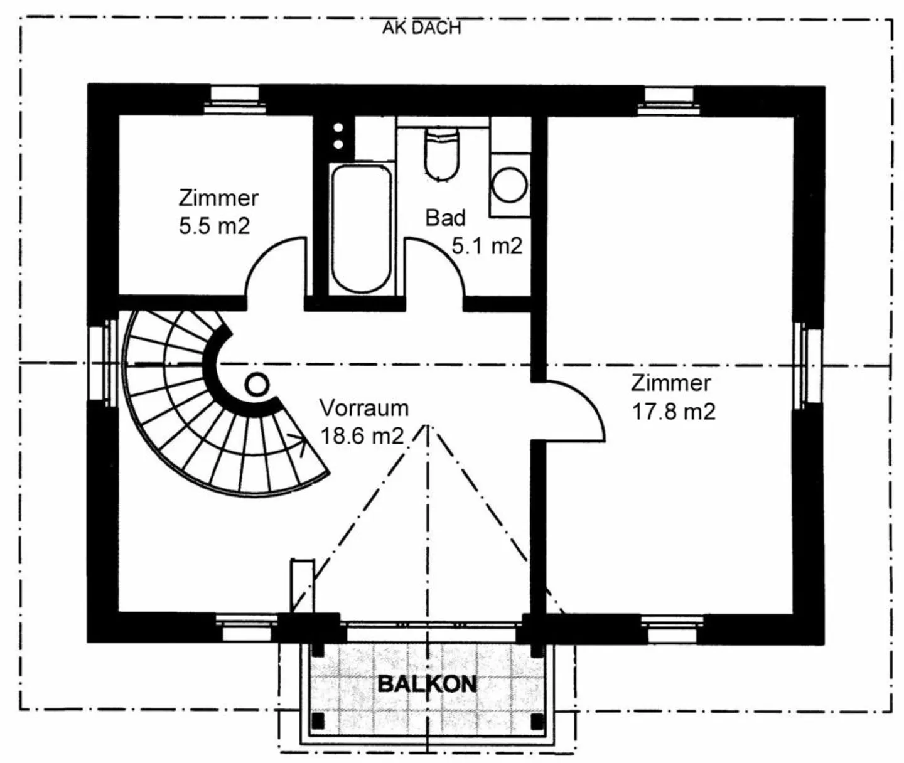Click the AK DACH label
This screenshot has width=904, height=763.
[x=421, y=28]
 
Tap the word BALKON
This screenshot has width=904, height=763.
[x=427, y=683]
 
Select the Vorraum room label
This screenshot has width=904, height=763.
[x=364, y=408]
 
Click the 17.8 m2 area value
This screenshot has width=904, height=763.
[x=673, y=412]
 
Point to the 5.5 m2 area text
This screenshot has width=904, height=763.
[x=214, y=226]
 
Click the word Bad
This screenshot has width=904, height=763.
[x=445, y=218]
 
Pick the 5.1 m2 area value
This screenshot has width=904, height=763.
[x=487, y=246]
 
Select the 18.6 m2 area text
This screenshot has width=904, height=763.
[x=362, y=435]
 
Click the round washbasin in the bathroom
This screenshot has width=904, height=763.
[x=509, y=184]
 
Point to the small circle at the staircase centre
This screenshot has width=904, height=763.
[x=256, y=383]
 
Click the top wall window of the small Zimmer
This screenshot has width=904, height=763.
[x=234, y=99]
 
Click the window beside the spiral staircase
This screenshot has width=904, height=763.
[x=102, y=363]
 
